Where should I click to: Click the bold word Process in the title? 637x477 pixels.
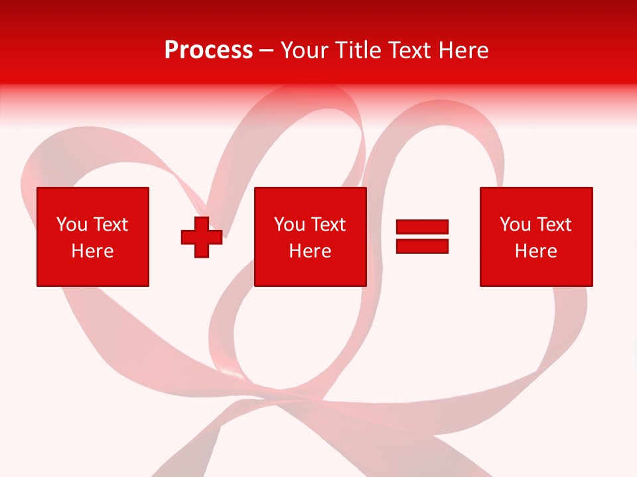pyautogui.click(x=208, y=50)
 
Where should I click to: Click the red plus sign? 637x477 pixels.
pyautogui.click(x=202, y=237)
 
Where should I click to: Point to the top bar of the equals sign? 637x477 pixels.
pyautogui.click(x=422, y=227)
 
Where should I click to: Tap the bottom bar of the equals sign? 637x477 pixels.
pyautogui.click(x=422, y=246)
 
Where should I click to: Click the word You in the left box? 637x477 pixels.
pyautogui.click(x=71, y=225)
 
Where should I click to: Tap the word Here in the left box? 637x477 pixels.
pyautogui.click(x=93, y=251)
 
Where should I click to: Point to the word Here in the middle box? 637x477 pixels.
pyautogui.click(x=311, y=251)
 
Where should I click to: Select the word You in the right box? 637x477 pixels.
pyautogui.click(x=514, y=225)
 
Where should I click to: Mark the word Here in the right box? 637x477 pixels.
pyautogui.click(x=536, y=251)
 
